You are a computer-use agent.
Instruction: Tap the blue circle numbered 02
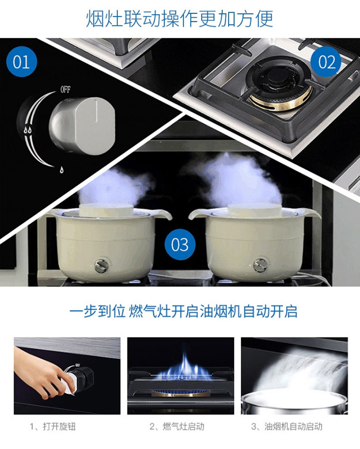(x=326, y=62)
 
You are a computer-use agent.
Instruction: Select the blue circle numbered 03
(x=180, y=244)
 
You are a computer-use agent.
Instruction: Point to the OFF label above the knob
(x=65, y=90)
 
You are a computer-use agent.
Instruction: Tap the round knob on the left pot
(x=101, y=265)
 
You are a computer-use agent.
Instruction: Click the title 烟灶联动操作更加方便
(x=180, y=19)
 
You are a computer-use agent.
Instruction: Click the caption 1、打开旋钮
(x=53, y=427)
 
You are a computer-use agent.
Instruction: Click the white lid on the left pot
(x=106, y=210)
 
